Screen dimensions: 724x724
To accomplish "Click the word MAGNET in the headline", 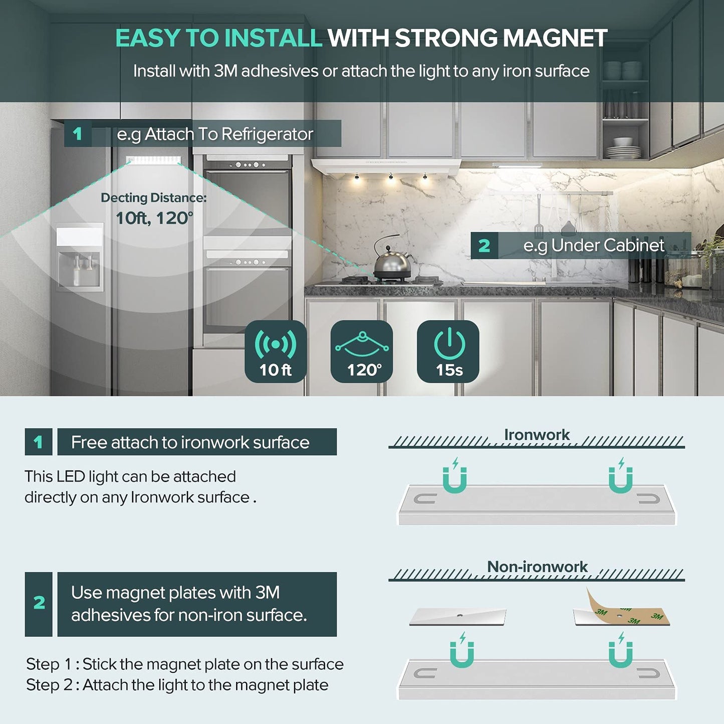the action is click(x=555, y=38).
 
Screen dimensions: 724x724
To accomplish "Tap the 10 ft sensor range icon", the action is click(x=276, y=351).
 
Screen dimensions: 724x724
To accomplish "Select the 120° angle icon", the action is click(x=362, y=351).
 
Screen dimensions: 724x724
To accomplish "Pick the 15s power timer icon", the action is click(x=448, y=351).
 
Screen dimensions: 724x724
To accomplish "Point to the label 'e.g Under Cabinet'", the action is click(x=594, y=246).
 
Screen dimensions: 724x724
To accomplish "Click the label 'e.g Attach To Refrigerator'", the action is click(x=215, y=134).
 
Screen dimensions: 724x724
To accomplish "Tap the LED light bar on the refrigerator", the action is click(x=153, y=160).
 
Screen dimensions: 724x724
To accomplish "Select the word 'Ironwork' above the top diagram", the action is click(x=537, y=435).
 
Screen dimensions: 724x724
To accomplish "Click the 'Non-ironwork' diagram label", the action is click(x=537, y=567).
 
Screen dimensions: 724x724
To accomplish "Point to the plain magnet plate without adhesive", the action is click(x=457, y=617).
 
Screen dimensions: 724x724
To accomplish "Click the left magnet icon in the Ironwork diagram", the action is click(x=454, y=476).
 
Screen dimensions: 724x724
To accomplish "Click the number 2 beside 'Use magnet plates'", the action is click(x=39, y=603).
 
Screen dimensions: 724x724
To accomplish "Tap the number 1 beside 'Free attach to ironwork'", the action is click(x=38, y=442).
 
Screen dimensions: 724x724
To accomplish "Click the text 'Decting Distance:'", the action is click(x=154, y=197).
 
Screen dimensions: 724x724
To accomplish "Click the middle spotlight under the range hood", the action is click(x=391, y=176).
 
